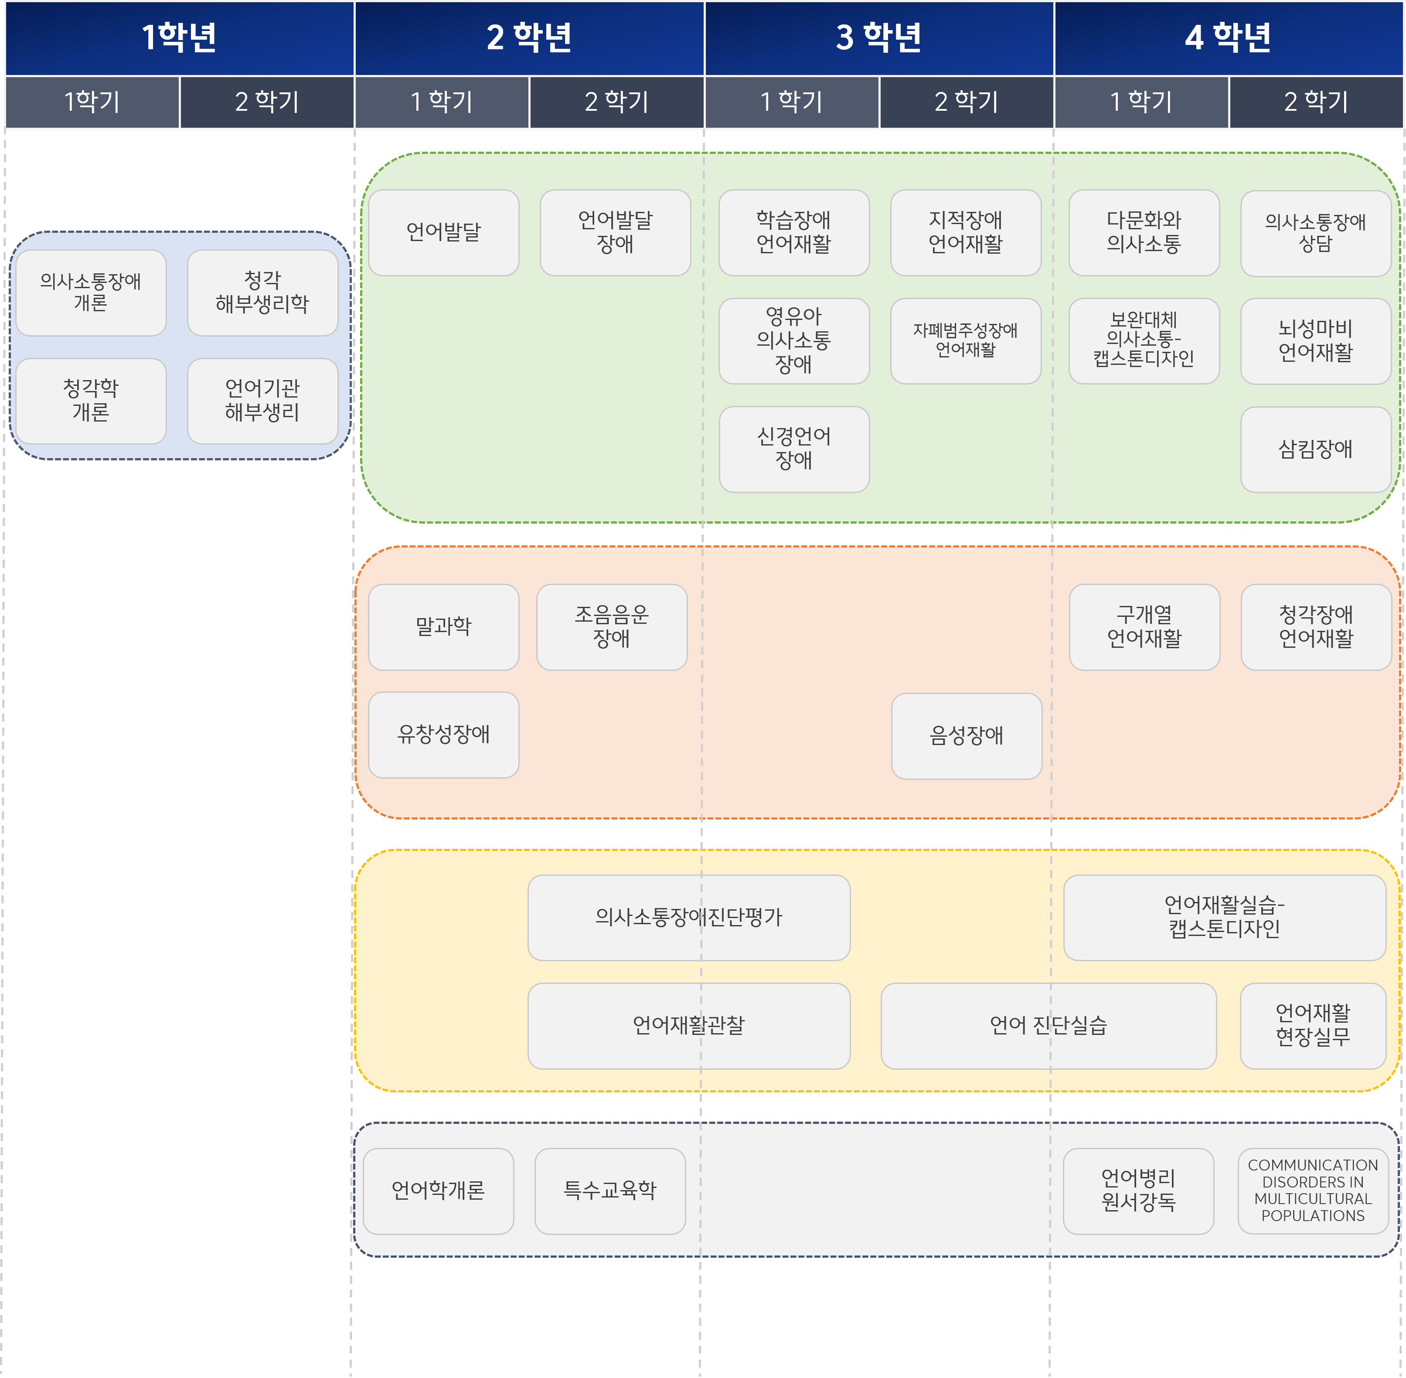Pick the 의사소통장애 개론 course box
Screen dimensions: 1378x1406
pyautogui.click(x=90, y=293)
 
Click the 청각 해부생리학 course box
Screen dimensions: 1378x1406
pyautogui.click(x=262, y=293)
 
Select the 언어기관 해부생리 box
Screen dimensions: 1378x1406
pyautogui.click(x=262, y=400)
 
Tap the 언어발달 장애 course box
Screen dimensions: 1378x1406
pyautogui.click(x=615, y=232)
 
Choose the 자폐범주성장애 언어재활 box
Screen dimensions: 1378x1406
pyautogui.click(x=965, y=340)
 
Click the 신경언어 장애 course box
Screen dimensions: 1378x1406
pyautogui.click(x=794, y=449)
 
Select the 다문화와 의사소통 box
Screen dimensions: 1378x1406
pyautogui.click(x=1143, y=232)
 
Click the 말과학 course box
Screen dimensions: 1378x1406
pyautogui.click(x=443, y=627)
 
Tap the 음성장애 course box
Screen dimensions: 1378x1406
pyautogui.click(x=966, y=735)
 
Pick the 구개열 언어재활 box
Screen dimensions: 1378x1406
pyautogui.click(x=1144, y=627)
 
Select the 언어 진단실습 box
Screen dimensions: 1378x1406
pyautogui.click(x=1048, y=1025)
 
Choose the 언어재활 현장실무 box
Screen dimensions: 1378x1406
pyautogui.click(x=1313, y=1025)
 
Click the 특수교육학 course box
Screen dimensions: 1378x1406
pyautogui.click(x=610, y=1191)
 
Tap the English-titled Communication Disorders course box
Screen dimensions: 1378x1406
pyautogui.click(x=1313, y=1191)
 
